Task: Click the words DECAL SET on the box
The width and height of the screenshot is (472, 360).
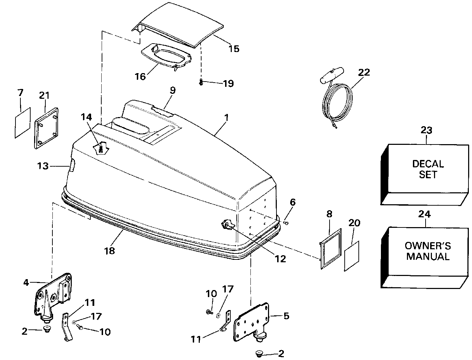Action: [428, 169]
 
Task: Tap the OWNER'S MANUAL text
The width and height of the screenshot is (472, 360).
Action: [428, 251]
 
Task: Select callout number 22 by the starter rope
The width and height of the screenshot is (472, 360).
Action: [364, 72]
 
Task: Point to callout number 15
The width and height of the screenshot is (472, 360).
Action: [234, 49]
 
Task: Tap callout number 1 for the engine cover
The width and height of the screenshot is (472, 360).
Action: [227, 117]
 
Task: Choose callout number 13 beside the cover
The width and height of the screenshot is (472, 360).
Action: [43, 166]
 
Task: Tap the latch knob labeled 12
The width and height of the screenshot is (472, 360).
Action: [227, 225]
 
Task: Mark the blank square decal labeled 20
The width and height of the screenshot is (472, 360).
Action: [351, 256]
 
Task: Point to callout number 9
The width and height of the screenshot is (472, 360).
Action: [172, 90]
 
